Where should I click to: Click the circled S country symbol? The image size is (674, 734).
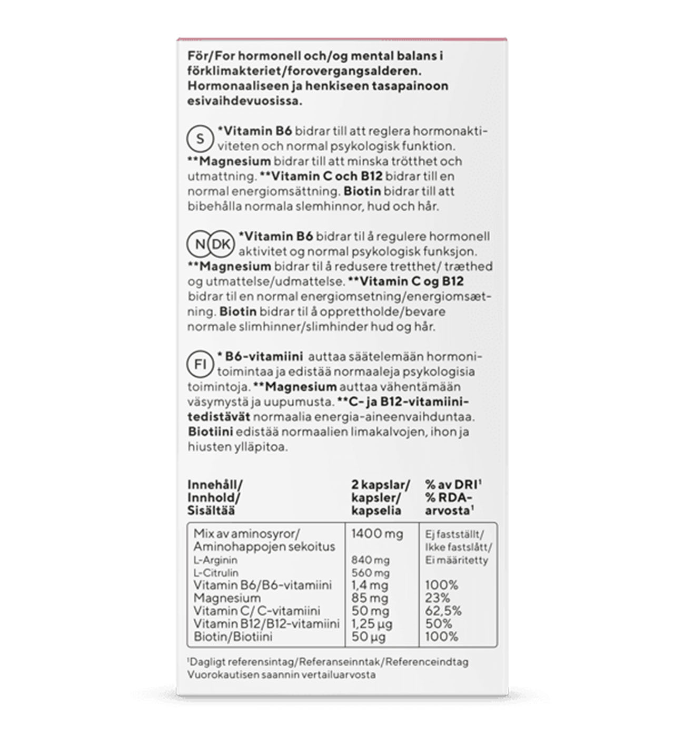point(200,139)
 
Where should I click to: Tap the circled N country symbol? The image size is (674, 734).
point(200,244)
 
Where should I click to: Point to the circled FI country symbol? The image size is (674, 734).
point(200,364)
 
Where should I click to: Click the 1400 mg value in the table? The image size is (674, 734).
point(377,534)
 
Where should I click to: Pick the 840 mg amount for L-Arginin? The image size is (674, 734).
point(370,560)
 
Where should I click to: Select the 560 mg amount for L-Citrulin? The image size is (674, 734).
point(370,573)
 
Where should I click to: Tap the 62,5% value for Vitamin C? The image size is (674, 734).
point(443,611)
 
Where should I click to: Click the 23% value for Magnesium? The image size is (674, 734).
point(438,598)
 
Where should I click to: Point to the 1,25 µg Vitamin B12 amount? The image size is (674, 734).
point(372,624)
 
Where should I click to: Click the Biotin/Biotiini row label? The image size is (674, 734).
point(233,637)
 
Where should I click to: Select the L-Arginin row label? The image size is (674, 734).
point(215,560)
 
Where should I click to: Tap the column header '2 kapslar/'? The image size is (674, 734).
point(380,485)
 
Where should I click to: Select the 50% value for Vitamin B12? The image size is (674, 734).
point(439,624)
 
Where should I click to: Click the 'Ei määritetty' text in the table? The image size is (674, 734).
point(457,560)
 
